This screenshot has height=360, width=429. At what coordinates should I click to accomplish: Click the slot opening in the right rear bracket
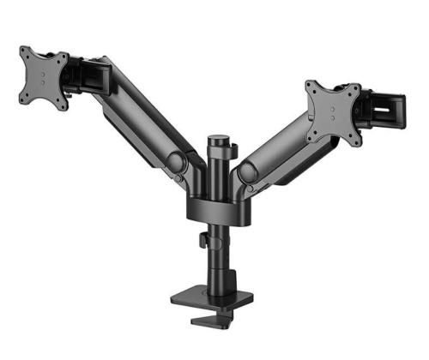point(390,110)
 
